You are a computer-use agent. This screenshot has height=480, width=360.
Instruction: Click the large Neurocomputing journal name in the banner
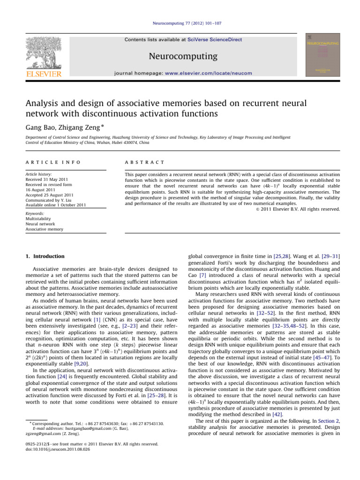pos(183,57)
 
